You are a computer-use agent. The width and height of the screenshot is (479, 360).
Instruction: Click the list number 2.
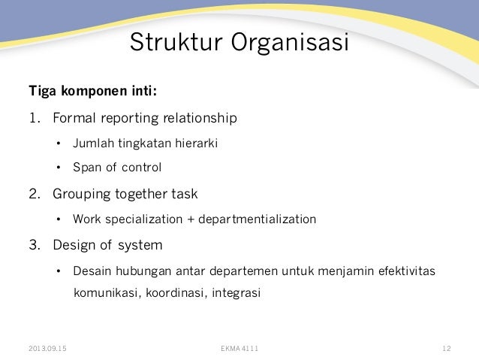[33, 194]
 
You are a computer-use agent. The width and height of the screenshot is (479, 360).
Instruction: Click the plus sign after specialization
[189, 219]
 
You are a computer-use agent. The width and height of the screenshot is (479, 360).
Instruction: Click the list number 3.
[33, 245]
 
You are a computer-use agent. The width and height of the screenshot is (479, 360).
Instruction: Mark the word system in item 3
[140, 245]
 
